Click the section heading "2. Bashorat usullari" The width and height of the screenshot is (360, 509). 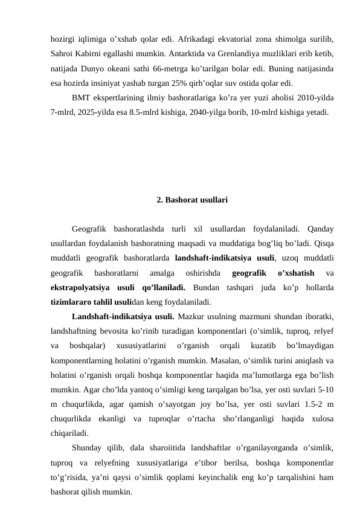[x=191, y=198]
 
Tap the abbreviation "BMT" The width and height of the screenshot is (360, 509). [x=80, y=98]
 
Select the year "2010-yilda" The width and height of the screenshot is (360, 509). [x=318, y=98]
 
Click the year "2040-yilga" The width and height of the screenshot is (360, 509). [x=223, y=112]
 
